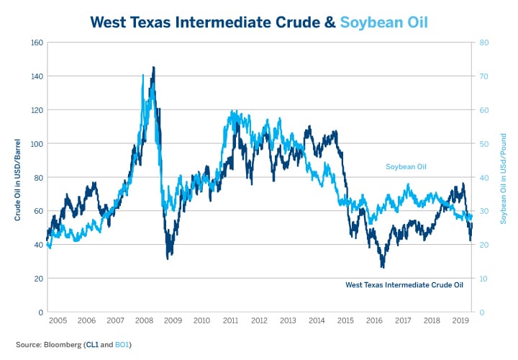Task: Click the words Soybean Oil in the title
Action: (x=384, y=22)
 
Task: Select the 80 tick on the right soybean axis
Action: (x=484, y=42)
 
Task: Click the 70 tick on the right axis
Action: (x=484, y=76)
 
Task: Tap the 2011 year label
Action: (x=231, y=320)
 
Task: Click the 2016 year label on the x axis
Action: (x=373, y=320)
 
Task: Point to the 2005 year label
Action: (x=58, y=320)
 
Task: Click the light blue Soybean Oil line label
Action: (x=406, y=167)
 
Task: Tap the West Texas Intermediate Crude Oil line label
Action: (x=404, y=285)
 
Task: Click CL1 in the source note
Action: (x=91, y=346)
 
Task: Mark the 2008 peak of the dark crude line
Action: (x=153, y=67)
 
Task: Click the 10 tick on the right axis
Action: (x=484, y=279)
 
